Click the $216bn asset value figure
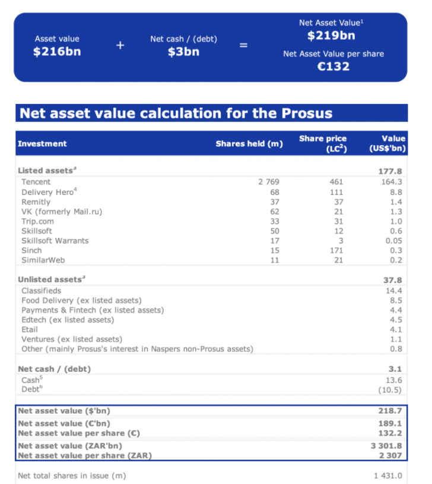pyautogui.click(x=57, y=52)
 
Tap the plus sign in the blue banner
pyautogui.click(x=120, y=45)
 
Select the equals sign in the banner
pyautogui.click(x=243, y=45)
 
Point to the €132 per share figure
pyautogui.click(x=333, y=67)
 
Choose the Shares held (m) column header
pyautogui.click(x=249, y=143)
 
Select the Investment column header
pyautogui.click(x=42, y=143)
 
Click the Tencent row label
pyautogui.click(x=36, y=182)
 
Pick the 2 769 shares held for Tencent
pyautogui.click(x=268, y=182)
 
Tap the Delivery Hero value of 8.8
pyautogui.click(x=395, y=192)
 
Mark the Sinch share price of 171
pyautogui.click(x=336, y=250)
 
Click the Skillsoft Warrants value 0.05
pyautogui.click(x=393, y=241)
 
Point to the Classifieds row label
pyautogui.click(x=41, y=291)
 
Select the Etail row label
pyautogui.click(x=30, y=329)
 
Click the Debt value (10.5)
pyautogui.click(x=389, y=390)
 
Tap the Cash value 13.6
pyautogui.click(x=393, y=380)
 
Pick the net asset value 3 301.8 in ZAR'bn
pyautogui.click(x=386, y=445)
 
